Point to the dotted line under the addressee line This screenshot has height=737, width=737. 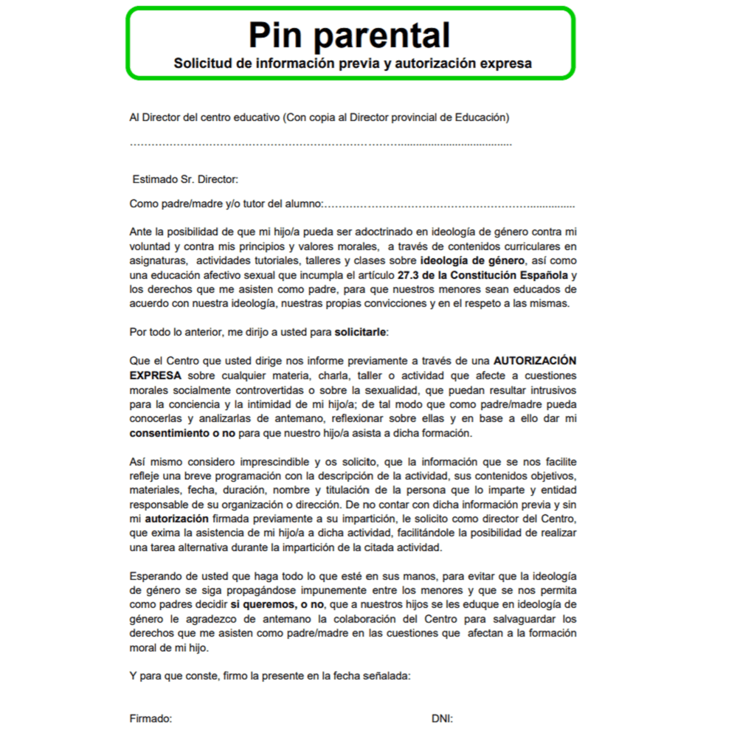[320, 143]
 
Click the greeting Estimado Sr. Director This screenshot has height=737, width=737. [185, 179]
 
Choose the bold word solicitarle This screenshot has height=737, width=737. [360, 332]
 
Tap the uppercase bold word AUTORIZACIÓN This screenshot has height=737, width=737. [535, 361]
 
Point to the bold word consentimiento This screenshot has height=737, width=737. [168, 433]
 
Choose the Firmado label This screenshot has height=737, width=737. [150, 718]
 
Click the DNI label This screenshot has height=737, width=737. [442, 718]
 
